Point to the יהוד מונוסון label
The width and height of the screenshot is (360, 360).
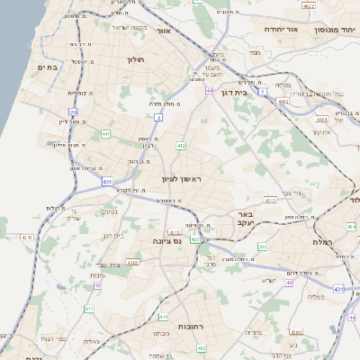click(334, 30)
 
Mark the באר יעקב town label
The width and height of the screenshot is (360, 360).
click(243, 219)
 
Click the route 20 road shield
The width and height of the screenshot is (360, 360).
click(73, 112)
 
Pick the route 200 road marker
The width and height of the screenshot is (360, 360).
click(262, 246)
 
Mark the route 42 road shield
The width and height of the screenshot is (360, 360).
click(97, 285)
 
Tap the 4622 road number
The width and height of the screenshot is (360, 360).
click(309, 6)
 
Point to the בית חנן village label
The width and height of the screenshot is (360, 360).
click(114, 236)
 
